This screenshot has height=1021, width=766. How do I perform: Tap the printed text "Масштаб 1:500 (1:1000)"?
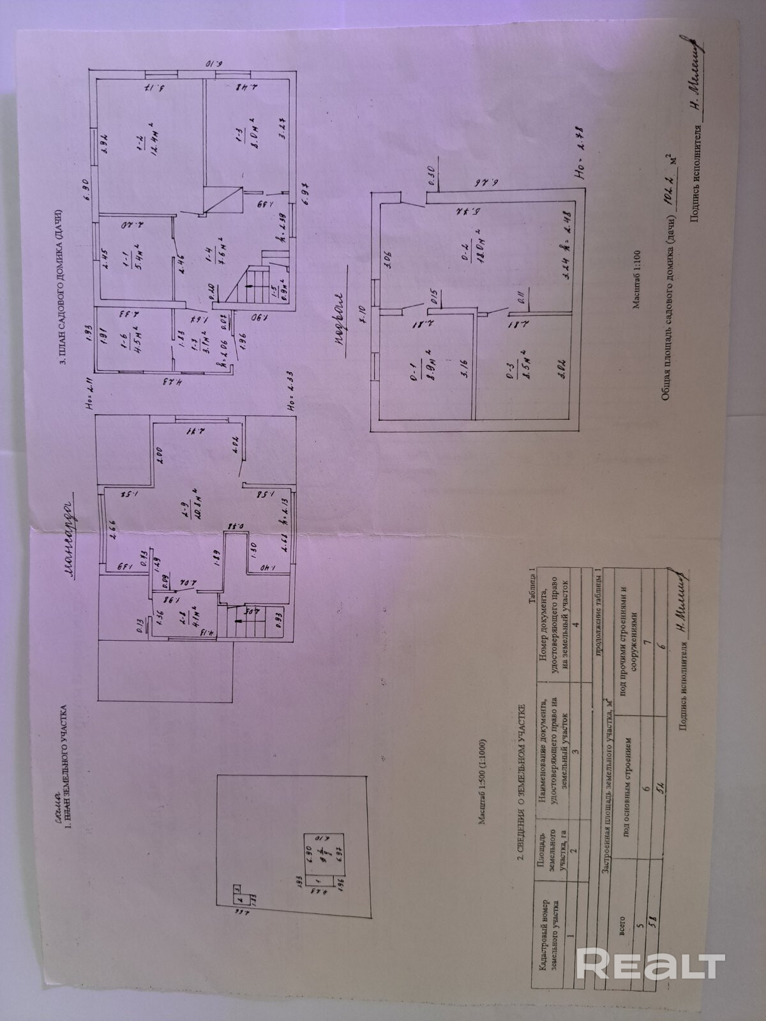tap(483, 775)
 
